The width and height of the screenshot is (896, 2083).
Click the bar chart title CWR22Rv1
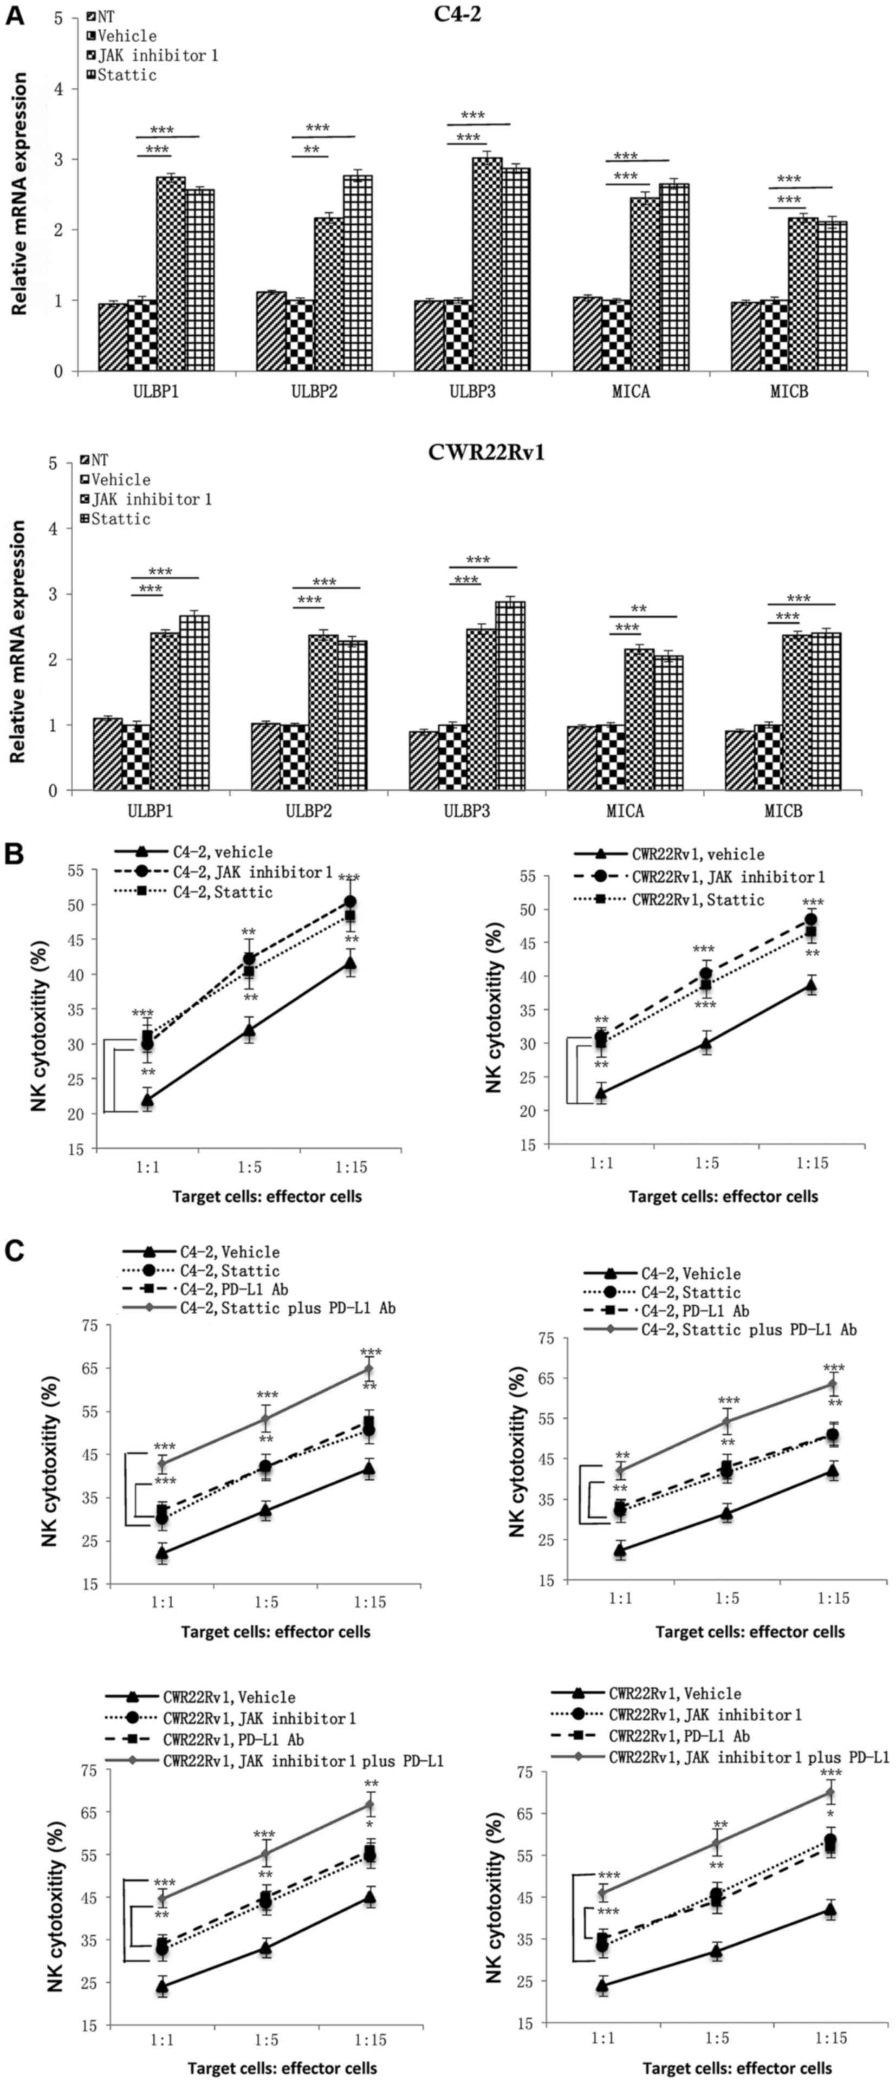coord(486,452)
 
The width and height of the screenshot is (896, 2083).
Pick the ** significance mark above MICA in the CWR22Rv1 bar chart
coord(639,609)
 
